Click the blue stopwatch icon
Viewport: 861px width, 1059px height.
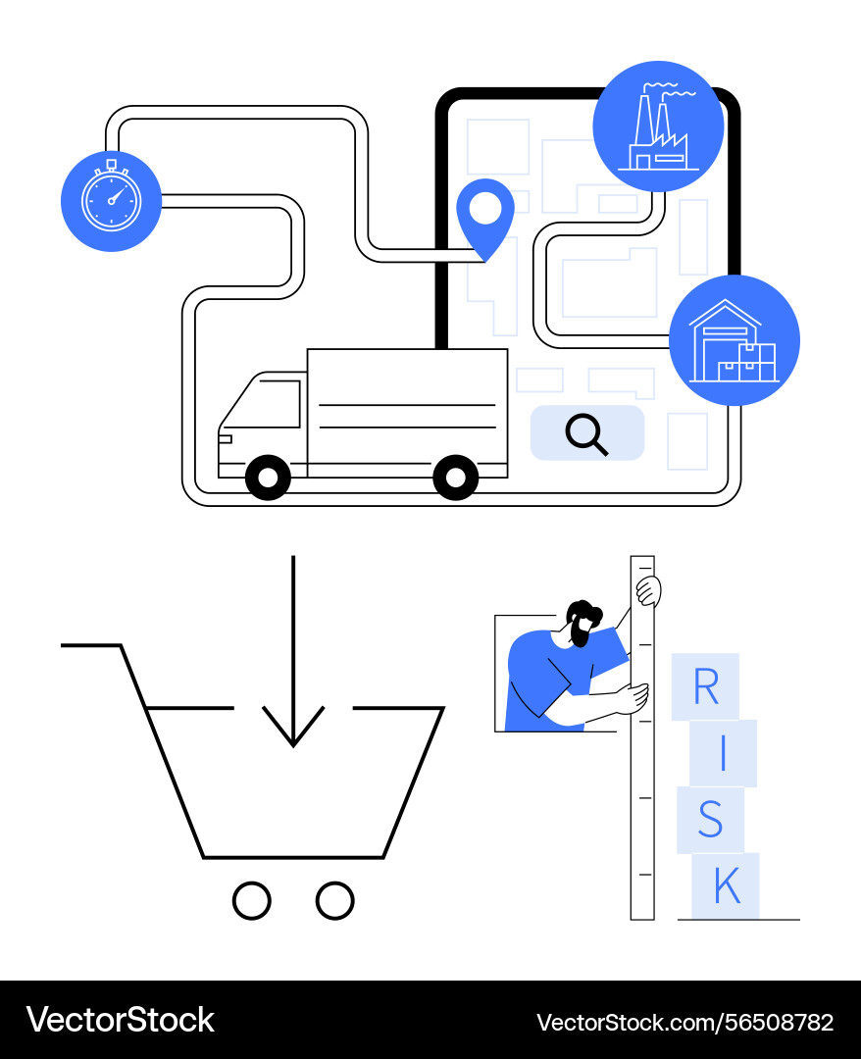(111, 201)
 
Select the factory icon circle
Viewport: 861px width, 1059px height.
(658, 126)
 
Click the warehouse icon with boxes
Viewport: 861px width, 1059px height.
(734, 340)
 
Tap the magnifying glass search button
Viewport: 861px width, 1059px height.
(586, 433)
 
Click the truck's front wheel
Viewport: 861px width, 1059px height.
(268, 478)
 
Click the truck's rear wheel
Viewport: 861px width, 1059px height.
(456, 478)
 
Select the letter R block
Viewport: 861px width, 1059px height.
(705, 687)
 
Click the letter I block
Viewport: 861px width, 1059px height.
(723, 753)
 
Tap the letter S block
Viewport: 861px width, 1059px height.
(710, 820)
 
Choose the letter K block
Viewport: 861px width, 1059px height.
(726, 886)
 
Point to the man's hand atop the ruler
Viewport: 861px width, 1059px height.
(647, 591)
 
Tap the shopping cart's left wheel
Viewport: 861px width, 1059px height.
(252, 900)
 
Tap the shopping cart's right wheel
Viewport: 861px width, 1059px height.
(335, 900)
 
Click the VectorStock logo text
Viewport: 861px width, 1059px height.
(120, 1020)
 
